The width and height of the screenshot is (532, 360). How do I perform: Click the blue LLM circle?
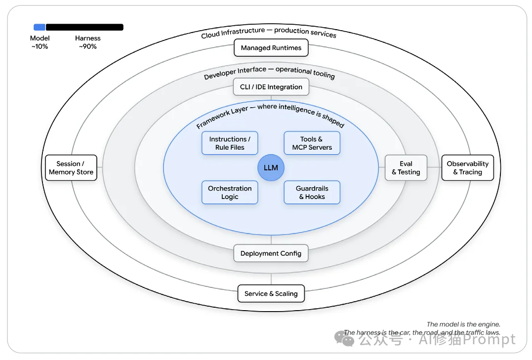tap(271, 167)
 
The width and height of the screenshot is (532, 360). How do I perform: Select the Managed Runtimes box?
tap(271, 48)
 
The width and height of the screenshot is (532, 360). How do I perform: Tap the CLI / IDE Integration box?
tap(271, 87)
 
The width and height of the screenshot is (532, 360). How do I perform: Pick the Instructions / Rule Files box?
tap(230, 143)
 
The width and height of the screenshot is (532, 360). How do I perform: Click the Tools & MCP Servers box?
tap(312, 143)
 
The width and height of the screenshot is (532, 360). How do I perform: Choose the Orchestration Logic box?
tap(230, 193)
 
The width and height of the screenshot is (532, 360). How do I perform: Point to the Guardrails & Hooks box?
tap(312, 193)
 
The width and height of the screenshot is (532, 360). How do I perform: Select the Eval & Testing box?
tap(406, 167)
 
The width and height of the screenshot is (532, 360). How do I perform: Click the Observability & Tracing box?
tap(467, 167)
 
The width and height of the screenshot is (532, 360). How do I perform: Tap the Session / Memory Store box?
tap(71, 167)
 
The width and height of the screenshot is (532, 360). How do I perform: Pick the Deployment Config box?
tap(271, 253)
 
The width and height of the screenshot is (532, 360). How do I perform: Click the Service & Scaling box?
tap(271, 293)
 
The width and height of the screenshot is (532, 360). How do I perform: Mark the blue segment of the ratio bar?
tap(40, 27)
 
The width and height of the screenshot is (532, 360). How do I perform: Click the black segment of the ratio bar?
tap(84, 27)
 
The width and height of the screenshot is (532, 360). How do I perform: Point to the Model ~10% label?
tap(40, 42)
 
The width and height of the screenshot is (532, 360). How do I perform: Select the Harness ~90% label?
tap(88, 42)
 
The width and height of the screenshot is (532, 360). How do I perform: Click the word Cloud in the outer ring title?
tap(210, 35)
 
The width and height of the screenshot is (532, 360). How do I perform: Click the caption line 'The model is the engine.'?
tap(463, 324)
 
